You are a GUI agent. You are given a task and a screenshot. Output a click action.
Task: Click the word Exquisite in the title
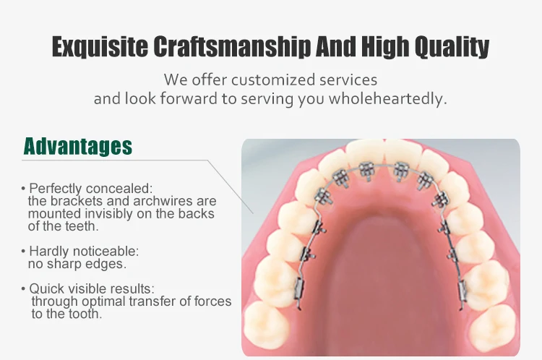[x=100, y=46]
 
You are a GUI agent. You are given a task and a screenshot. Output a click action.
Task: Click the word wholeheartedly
[x=388, y=98]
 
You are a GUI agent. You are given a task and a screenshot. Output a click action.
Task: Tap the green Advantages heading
[x=78, y=146]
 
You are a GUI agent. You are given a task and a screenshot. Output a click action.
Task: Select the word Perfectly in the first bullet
[x=56, y=189]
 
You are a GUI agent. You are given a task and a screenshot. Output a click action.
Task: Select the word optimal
[x=103, y=301]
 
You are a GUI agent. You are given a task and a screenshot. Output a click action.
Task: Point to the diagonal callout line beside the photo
[x=231, y=187]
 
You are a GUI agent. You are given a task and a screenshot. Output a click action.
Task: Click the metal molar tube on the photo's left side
[x=299, y=288]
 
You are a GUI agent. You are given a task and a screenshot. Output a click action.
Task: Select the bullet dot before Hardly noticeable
[x=23, y=252]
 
